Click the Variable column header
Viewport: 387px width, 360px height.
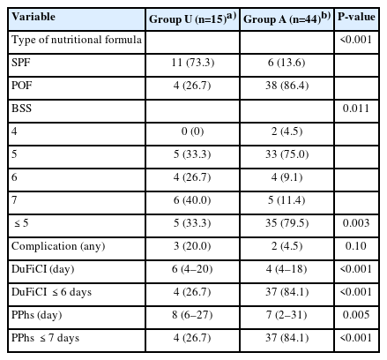coord(33,17)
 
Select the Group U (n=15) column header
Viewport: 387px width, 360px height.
coord(192,19)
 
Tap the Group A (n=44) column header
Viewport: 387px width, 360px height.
coord(287,19)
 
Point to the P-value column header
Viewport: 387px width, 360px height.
coord(356,17)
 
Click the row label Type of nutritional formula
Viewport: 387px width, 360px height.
coord(77,40)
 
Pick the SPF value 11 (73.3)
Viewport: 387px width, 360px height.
coord(193,63)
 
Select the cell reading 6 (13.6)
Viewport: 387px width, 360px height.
coord(287,63)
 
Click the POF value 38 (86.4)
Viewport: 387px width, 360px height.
coord(287,86)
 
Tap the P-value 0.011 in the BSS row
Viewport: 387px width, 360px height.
coord(356,109)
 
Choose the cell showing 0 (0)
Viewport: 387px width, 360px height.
coord(192,131)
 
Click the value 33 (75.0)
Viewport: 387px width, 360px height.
coord(287,154)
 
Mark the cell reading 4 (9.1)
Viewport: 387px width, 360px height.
coord(287,177)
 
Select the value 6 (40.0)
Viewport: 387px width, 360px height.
coord(192,200)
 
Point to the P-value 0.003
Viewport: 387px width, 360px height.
coord(356,223)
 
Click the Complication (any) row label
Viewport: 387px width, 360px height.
coord(58,246)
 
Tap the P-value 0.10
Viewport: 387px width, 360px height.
coord(356,246)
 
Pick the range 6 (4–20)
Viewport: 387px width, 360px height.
coord(192,269)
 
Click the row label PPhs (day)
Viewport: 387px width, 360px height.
coord(37,315)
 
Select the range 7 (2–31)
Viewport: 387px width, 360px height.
coord(287,315)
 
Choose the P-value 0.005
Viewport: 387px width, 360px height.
coord(356,315)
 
